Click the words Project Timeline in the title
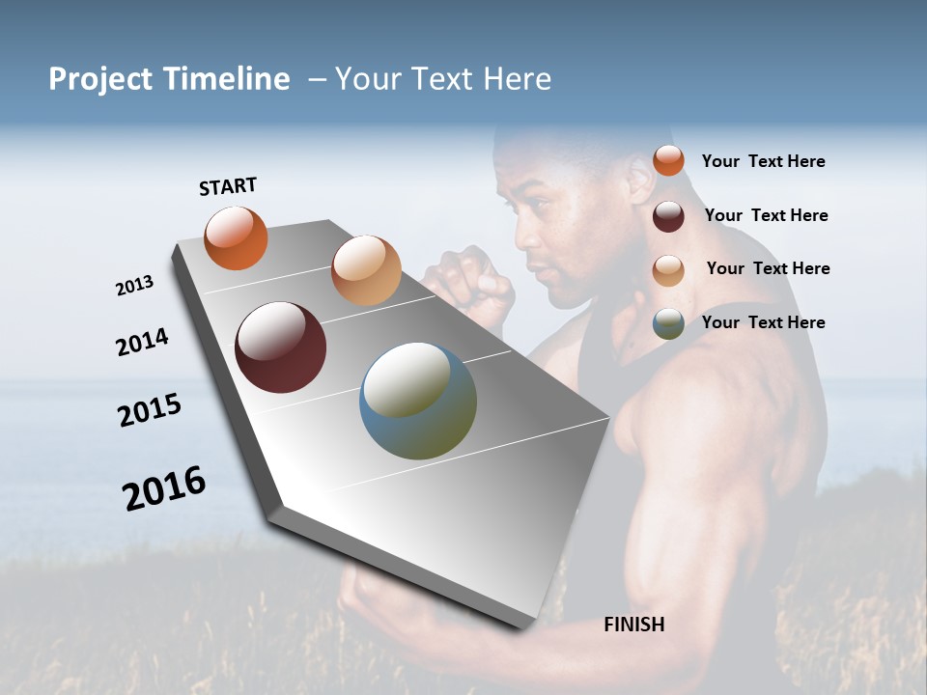point(169,79)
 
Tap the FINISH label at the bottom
point(634,625)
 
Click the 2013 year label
point(135,286)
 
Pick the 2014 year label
point(142,343)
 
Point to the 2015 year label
point(150,410)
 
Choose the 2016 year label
point(164,487)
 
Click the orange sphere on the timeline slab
point(236,237)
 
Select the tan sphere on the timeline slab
point(366,270)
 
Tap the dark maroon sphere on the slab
point(281,347)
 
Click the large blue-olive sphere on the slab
point(418,401)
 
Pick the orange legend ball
point(668,160)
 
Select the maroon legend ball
point(668,216)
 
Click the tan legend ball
point(668,269)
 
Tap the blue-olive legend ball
point(668,323)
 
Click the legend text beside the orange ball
point(763,161)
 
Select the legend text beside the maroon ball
point(766,215)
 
